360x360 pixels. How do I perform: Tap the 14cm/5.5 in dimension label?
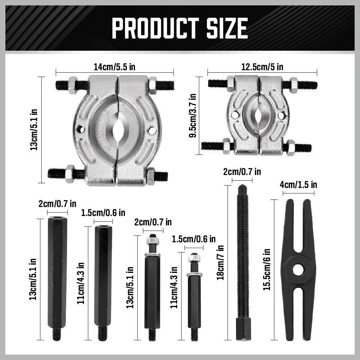[115, 67]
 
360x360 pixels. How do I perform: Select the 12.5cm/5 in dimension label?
[262, 67]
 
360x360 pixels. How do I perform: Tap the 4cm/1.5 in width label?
[298, 185]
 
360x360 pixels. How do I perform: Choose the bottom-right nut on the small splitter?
[291, 147]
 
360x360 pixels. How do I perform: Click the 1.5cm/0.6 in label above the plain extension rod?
[103, 213]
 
